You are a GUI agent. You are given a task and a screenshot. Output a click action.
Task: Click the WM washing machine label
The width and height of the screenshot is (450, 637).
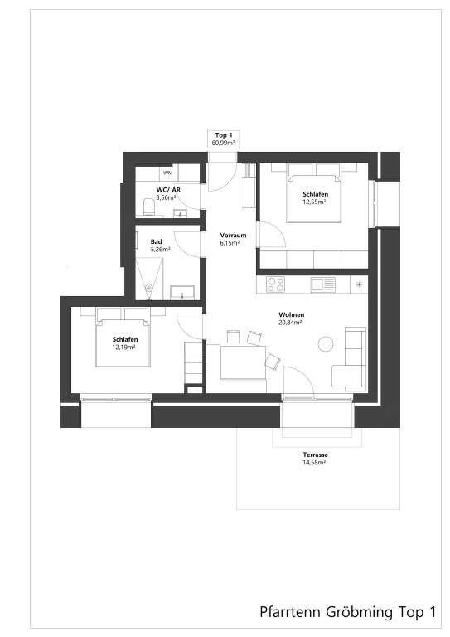pos(168,173)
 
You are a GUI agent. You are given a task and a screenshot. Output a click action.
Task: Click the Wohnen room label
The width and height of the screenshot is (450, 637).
pos(290,315)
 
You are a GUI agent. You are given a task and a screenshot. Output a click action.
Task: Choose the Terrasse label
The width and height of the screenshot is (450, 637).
pos(314,455)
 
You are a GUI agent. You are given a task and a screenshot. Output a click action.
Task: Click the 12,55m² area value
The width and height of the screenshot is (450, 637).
pos(314,202)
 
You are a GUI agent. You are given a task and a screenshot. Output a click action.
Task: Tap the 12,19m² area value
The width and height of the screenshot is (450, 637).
pos(124,348)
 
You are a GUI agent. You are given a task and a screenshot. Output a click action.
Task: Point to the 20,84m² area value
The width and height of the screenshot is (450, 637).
pos(290,323)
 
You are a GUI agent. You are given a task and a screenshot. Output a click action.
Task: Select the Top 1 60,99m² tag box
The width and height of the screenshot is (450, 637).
pos(223,139)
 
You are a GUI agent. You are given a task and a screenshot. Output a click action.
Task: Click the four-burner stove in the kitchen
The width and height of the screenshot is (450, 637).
pos(276,284)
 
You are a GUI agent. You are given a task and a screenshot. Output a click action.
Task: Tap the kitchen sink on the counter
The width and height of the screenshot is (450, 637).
pos(322,284)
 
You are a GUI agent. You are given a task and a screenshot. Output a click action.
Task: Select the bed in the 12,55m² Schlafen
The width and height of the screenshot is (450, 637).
pos(313,194)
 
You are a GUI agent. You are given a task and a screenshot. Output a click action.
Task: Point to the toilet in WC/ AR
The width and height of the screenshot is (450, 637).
pos(148,205)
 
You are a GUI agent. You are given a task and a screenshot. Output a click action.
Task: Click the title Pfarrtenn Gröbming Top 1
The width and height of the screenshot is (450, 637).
pos(347,613)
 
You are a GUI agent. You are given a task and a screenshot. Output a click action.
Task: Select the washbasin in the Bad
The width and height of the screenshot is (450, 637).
pos(183,291)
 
